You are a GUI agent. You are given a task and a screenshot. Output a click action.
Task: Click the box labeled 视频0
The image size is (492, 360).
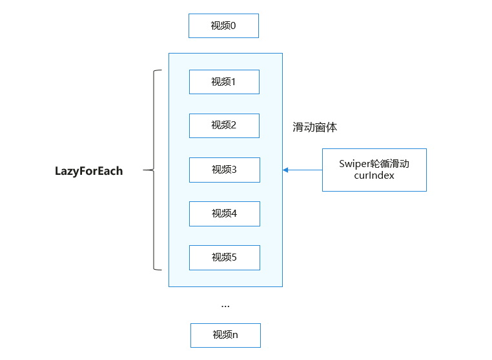[223, 26]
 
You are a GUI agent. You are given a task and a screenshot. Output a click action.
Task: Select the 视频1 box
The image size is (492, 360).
[224, 82]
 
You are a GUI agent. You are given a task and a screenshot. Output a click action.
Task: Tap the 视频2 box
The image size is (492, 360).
[224, 126]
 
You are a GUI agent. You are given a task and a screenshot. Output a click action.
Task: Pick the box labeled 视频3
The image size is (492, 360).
[225, 170]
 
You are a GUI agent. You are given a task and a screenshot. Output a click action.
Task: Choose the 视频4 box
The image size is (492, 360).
[225, 214]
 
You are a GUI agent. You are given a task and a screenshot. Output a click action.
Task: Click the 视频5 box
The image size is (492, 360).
[225, 258]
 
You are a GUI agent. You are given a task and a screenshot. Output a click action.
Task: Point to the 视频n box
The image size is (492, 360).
[225, 335]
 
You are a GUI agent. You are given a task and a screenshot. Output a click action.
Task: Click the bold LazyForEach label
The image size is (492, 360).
[89, 171]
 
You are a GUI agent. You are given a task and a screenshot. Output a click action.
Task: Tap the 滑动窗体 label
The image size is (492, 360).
[314, 127]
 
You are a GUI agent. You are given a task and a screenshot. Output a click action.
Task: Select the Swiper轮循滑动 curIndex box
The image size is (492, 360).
[374, 170]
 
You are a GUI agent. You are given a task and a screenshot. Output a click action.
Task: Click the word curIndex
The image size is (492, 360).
[374, 175]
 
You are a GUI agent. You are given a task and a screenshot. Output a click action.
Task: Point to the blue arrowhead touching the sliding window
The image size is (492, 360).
[285, 170]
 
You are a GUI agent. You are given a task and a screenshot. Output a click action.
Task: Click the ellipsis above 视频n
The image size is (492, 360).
[225, 306]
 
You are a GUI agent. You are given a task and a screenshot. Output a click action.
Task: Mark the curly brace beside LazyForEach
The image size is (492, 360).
[154, 170]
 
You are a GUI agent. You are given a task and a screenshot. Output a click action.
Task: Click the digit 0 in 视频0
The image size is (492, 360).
[232, 26]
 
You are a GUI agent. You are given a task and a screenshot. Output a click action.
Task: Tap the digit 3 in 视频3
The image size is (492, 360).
[234, 170]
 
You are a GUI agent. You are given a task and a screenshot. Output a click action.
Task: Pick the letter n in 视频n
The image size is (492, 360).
[235, 335]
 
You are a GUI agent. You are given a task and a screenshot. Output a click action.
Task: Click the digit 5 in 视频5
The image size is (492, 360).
[234, 257]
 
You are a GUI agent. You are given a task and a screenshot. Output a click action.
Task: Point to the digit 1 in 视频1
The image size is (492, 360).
[233, 82]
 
